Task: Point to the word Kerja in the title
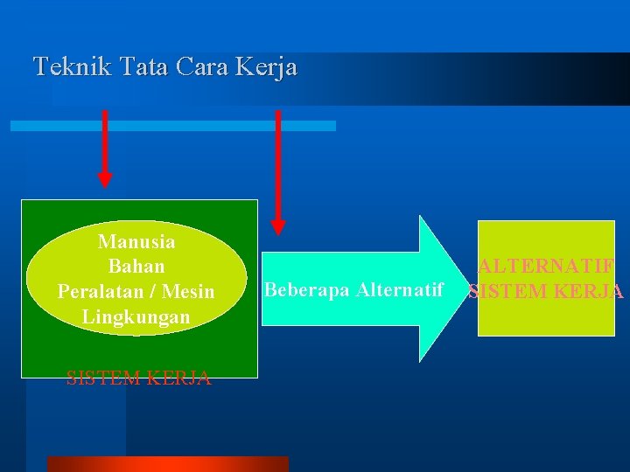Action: [x=269, y=66]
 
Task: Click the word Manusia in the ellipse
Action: [x=136, y=241]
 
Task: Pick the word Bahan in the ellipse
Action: [x=136, y=266]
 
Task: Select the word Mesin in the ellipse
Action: [x=188, y=291]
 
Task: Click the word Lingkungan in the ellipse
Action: [x=136, y=316]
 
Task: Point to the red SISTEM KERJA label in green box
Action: [x=138, y=378]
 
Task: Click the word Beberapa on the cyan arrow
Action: [x=303, y=289]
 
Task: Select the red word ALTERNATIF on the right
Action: [x=546, y=267]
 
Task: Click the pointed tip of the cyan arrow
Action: [x=468, y=289]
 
